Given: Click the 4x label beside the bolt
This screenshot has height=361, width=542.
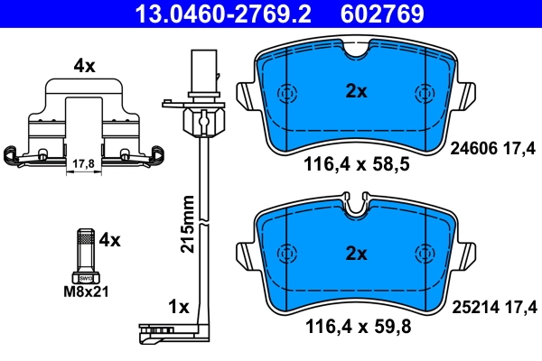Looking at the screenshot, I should pos(109,239).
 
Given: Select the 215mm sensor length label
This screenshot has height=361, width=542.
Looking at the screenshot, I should pos(188,225).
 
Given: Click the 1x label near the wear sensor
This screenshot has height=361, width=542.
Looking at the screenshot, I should pos(178,307).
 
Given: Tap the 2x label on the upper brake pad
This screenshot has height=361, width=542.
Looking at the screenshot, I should pos(356,91).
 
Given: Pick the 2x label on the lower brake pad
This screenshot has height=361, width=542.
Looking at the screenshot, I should pos(356,254).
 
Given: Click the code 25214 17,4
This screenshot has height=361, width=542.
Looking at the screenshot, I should pos(493,308).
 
